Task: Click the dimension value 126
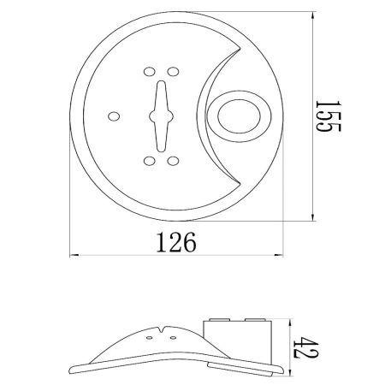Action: point(176,242)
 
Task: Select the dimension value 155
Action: point(328,115)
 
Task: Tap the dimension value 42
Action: point(306,347)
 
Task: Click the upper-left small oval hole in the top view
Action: point(150,72)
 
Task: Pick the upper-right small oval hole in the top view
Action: point(173,72)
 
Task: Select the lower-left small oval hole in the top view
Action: point(150,161)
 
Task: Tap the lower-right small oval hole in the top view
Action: point(173,161)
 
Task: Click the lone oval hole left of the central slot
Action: point(114,116)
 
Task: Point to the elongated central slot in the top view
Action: point(161,116)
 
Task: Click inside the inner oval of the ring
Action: point(239,116)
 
